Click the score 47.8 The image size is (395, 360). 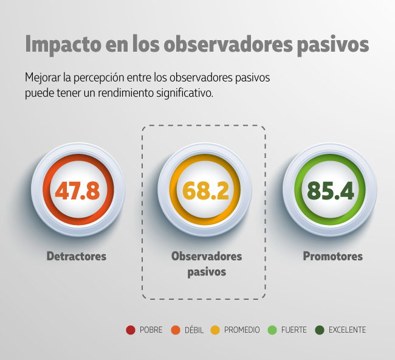tap(77, 190)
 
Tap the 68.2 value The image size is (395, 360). tap(205, 190)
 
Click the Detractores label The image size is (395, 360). tap(77, 256)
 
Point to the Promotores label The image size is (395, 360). tap(333, 256)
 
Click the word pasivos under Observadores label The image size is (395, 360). tap(207, 272)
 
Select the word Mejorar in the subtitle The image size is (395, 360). tap(44, 78)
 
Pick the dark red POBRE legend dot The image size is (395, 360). tap(130, 330)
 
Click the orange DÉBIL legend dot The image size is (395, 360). tap(175, 330)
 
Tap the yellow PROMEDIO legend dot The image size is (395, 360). tap(215, 330)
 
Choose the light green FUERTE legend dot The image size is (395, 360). tap(272, 330)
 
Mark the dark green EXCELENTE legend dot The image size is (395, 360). tap(319, 330)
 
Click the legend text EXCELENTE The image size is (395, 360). tap(347, 330)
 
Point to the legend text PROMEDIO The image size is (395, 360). tap(242, 330)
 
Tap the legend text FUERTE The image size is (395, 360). tap(294, 330)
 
